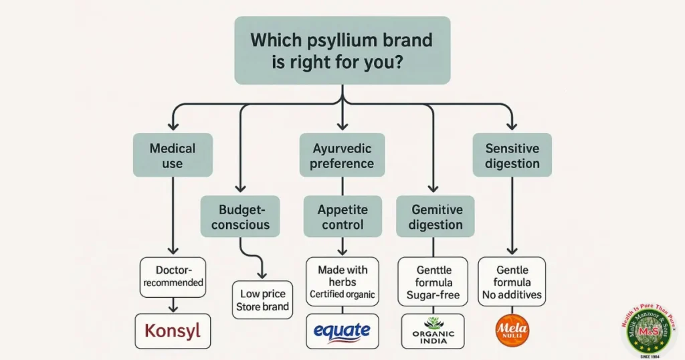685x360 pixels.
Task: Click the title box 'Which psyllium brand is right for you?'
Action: click(342, 50)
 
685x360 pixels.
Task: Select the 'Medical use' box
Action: click(172, 155)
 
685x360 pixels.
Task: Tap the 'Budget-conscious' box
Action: click(241, 216)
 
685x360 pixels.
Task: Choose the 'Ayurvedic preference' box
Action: click(342, 155)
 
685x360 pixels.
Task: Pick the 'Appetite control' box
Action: click(342, 216)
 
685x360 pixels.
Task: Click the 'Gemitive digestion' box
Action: click(435, 216)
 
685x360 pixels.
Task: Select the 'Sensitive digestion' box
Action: click(512, 155)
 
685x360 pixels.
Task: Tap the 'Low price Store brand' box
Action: click(262, 300)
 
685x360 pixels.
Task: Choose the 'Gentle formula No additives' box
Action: click(512, 282)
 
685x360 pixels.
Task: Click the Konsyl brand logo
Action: click(172, 331)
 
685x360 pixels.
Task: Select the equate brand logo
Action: click(342, 331)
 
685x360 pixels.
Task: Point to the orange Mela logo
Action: click(512, 331)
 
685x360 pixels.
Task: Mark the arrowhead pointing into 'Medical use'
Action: click(172, 125)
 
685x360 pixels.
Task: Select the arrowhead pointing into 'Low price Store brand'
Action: click(262, 275)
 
